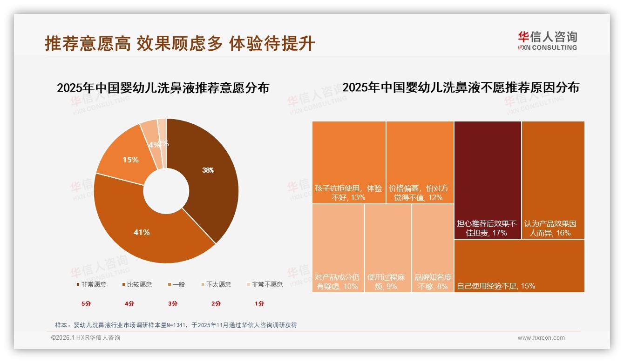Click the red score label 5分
tap(86, 303)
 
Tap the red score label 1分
tap(259, 303)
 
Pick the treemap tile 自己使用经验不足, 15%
tap(519, 265)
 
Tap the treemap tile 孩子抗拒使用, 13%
tap(349, 162)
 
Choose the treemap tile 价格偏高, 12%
tap(420, 162)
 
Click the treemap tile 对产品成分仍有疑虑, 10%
tap(338, 248)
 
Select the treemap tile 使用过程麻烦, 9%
tap(387, 248)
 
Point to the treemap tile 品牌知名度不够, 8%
tap(433, 248)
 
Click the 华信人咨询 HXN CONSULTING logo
tap(547, 41)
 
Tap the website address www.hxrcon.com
tap(541, 338)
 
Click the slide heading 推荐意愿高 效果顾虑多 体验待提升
tap(180, 43)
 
